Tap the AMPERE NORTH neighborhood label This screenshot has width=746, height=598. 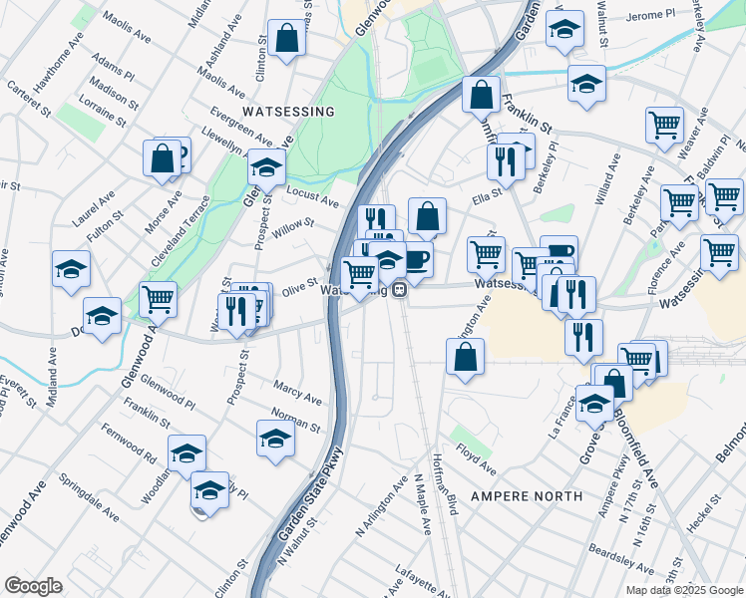pos(526,496)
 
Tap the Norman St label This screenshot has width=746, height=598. pos(296,420)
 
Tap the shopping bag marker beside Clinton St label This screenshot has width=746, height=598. pos(286,39)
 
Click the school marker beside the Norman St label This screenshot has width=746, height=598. pos(275,437)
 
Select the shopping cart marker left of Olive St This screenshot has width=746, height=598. pos(158,297)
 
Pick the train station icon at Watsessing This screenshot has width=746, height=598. pos(399,290)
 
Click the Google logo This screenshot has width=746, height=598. pos(33,586)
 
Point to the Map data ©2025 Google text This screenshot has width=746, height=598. pos(685,590)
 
